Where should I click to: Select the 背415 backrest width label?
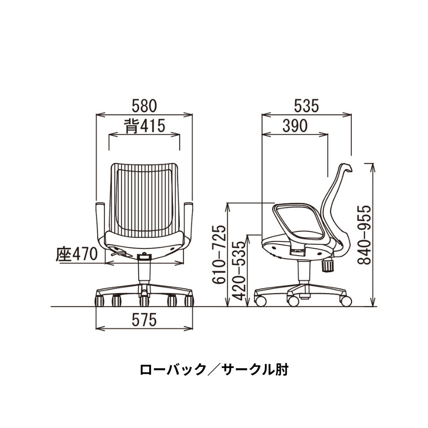coord(145,126)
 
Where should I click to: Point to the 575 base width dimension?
coord(144,319)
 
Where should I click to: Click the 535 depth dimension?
coord(306,105)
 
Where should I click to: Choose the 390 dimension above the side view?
coord(295,126)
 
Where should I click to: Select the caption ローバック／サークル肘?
coord(214,369)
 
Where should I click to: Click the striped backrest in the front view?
coord(145,197)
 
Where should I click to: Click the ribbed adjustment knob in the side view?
coord(328,265)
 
